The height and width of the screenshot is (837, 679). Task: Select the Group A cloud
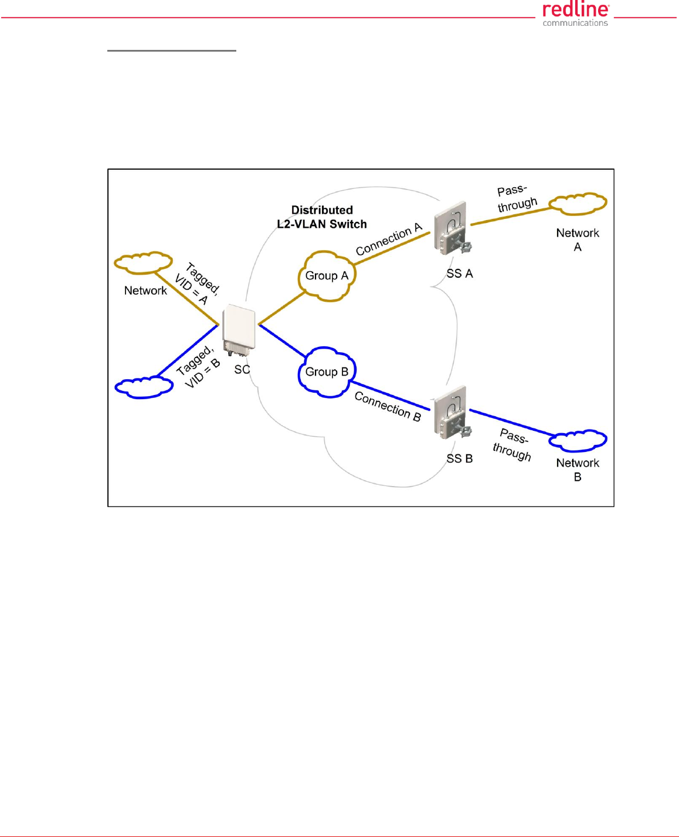[327, 276]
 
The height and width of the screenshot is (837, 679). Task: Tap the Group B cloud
[327, 372]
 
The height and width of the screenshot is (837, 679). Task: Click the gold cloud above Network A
[578, 203]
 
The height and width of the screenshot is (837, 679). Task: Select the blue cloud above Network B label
[578, 440]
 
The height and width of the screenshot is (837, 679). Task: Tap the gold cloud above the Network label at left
[143, 263]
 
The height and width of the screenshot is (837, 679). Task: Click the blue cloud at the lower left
[144, 387]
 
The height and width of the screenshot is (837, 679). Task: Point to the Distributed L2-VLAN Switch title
[322, 217]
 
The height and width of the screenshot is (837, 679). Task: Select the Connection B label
[388, 406]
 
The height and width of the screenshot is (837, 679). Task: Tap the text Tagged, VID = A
[197, 283]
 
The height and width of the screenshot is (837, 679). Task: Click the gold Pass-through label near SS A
[516, 198]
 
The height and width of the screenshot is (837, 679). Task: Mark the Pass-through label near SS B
[513, 444]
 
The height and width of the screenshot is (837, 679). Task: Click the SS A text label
[460, 274]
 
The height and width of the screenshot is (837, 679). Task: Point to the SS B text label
[460, 458]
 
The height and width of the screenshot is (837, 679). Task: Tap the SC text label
[242, 369]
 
